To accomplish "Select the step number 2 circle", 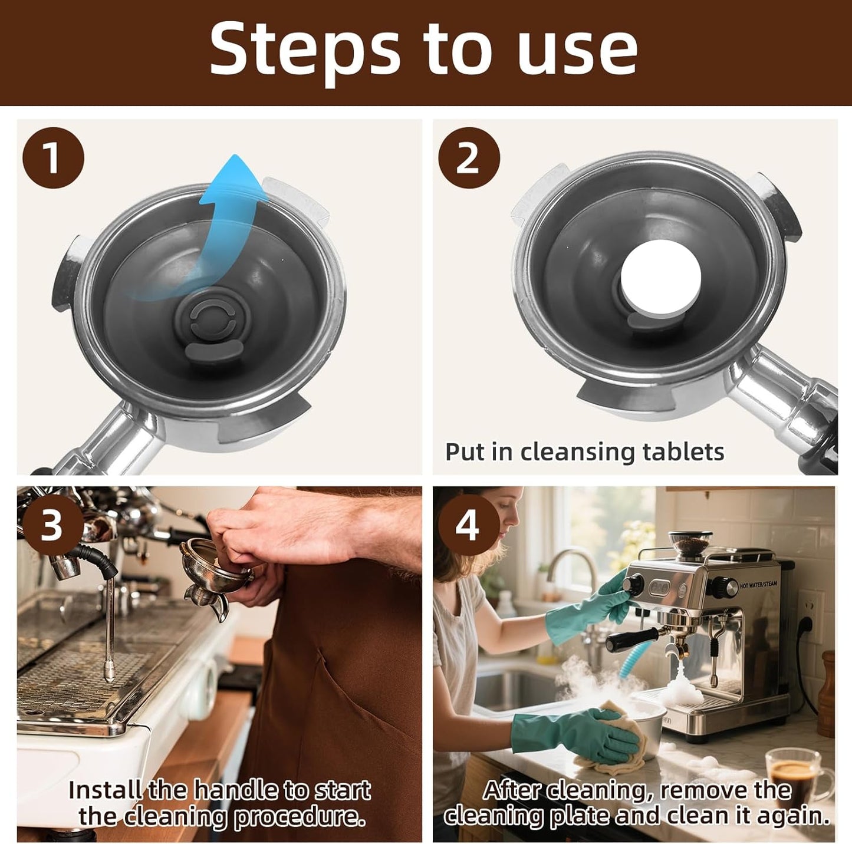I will (x=469, y=157).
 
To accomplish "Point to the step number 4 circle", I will (x=468, y=525).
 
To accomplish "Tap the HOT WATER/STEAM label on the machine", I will (x=758, y=585).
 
